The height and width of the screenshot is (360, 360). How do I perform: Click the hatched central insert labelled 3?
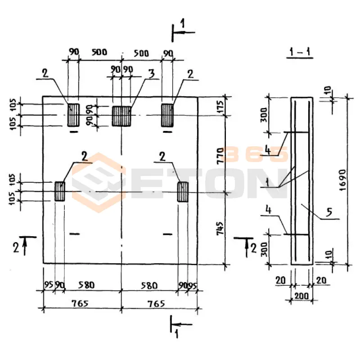click(121, 116)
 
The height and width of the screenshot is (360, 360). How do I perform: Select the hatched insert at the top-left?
click(73, 115)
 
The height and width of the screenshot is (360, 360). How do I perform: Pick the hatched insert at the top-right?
click(168, 115)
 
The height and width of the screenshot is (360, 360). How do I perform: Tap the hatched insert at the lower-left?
click(60, 191)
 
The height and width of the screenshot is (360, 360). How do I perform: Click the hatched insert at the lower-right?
click(183, 191)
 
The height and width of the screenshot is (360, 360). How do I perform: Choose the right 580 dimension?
click(149, 285)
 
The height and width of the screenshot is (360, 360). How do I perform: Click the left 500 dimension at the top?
click(99, 52)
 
